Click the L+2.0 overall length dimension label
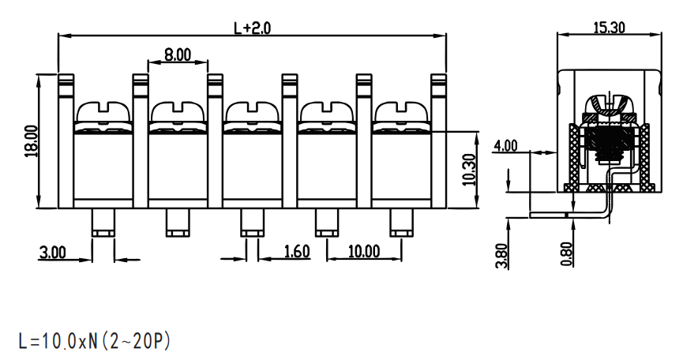pos(252,28)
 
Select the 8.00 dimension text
pos(178,54)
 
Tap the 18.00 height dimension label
pos(32,141)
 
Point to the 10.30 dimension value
pos(469,169)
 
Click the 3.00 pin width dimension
pos(52,252)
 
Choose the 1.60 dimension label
pos(297,252)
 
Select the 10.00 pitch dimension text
pos(364,251)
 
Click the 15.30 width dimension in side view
pos(609,28)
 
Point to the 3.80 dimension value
pos(501,256)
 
